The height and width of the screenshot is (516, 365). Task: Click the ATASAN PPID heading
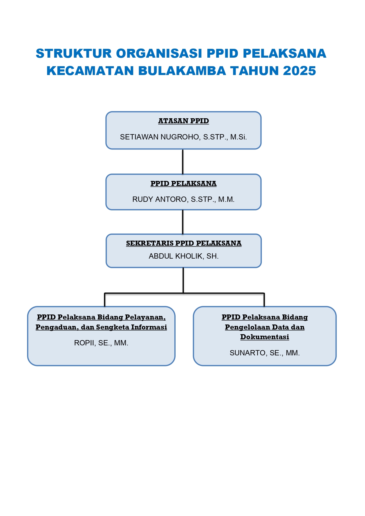[x=184, y=121]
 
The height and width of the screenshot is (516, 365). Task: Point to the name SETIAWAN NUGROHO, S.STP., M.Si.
[x=184, y=137]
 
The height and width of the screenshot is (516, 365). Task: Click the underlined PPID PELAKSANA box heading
[x=184, y=184]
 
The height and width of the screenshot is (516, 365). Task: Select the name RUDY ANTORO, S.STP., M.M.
[x=184, y=199]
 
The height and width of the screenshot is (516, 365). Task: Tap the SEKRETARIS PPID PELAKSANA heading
[x=184, y=243]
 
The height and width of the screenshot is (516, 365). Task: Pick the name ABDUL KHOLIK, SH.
[x=184, y=256]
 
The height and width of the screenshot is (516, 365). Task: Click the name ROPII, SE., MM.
[x=101, y=343]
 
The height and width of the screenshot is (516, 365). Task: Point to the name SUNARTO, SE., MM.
[x=265, y=353]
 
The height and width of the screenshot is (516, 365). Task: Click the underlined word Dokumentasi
[x=265, y=337]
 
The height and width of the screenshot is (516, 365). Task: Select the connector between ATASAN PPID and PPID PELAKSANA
[x=183, y=162]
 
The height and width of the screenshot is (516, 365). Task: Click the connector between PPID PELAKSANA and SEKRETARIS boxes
[x=183, y=222]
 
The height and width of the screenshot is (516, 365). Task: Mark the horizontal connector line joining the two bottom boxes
[x=184, y=293]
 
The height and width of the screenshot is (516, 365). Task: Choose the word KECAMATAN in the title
[x=90, y=71]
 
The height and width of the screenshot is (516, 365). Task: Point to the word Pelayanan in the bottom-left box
[x=145, y=317]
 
